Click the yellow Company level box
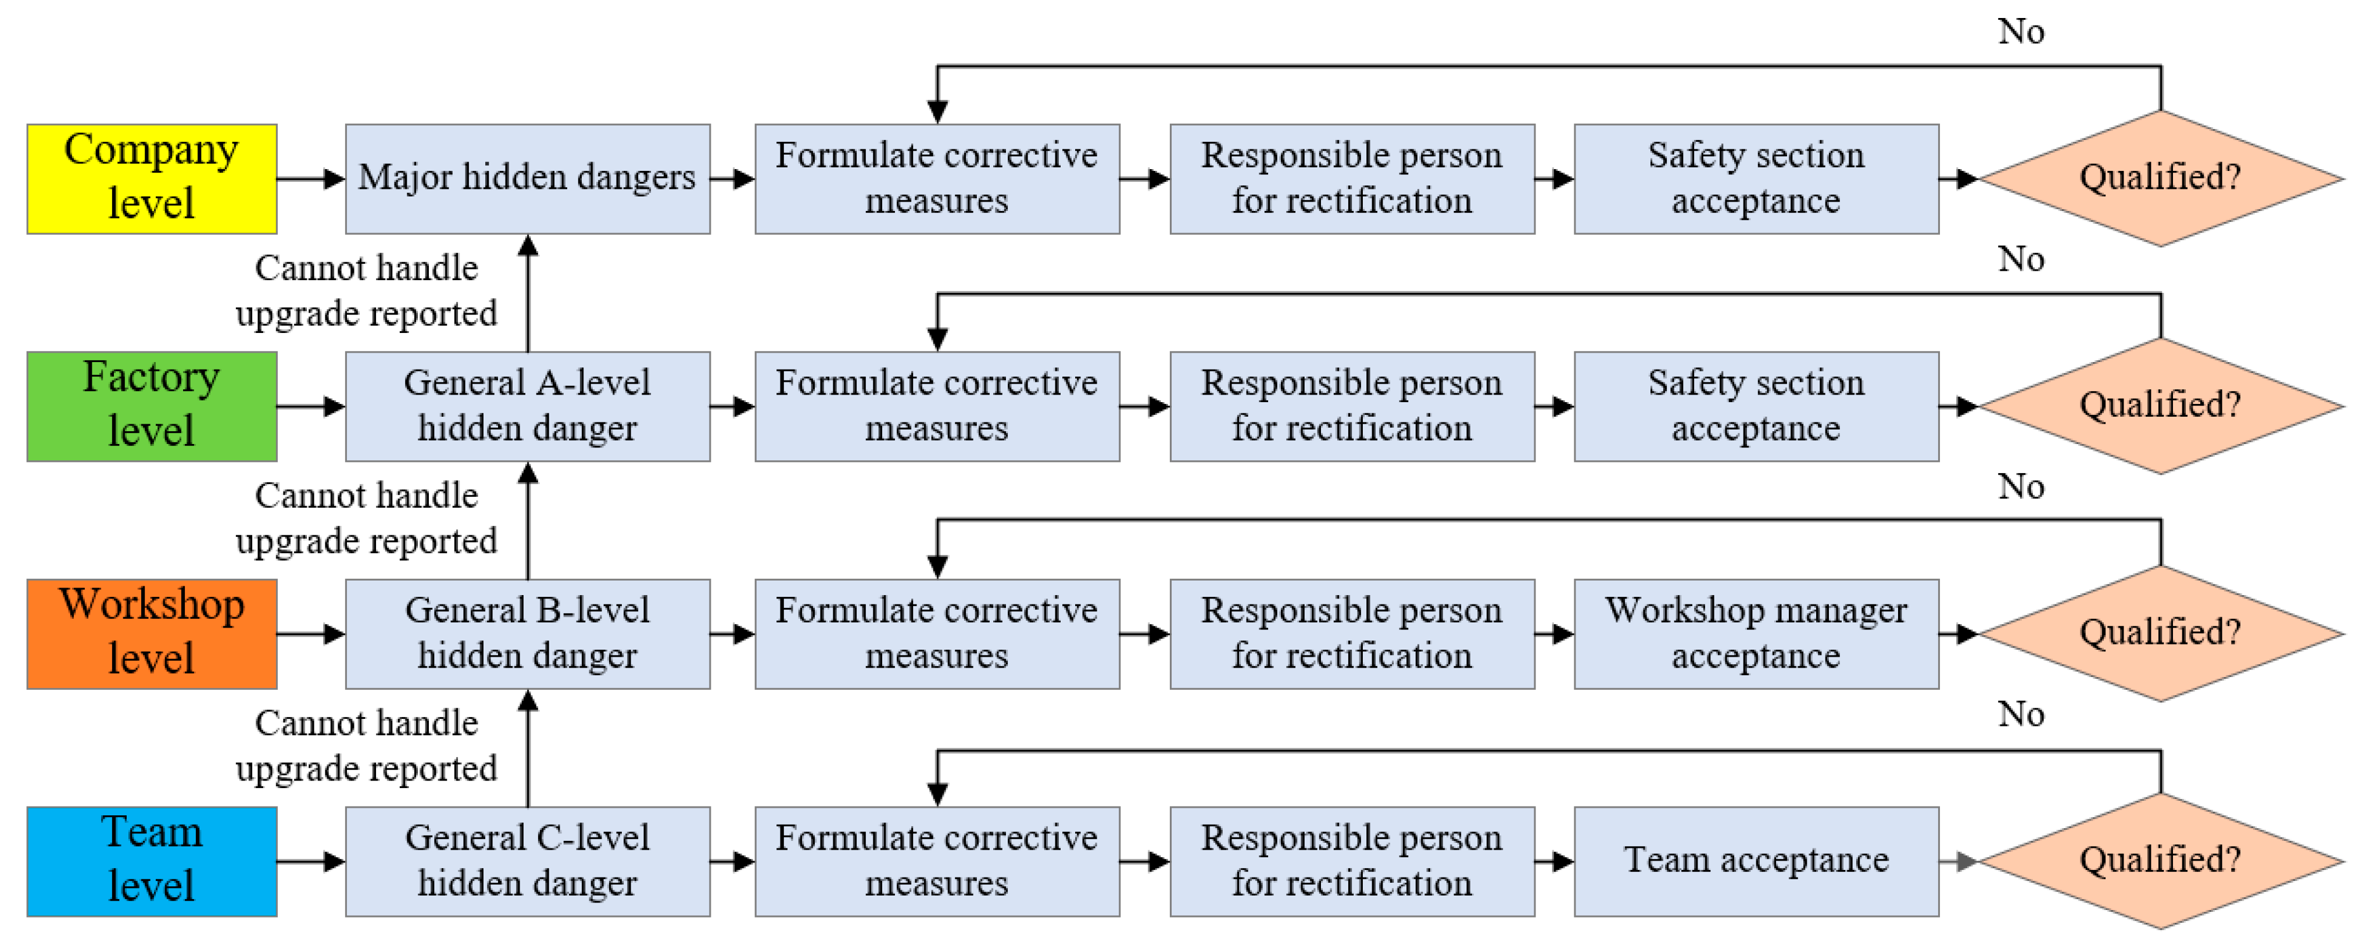point(151,179)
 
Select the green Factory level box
point(151,406)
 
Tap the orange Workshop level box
point(151,633)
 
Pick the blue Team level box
point(151,861)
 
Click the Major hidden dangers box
point(528,179)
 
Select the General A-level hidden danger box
point(528,406)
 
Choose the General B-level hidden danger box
point(528,633)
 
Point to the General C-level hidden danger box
point(528,861)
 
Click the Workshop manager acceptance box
point(1756,633)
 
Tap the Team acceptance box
point(1756,861)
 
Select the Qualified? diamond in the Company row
point(2160,179)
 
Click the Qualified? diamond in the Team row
point(2160,861)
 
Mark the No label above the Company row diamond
point(2021,32)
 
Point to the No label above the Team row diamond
point(2021,714)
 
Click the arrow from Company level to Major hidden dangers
point(311,179)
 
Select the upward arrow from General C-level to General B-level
point(528,747)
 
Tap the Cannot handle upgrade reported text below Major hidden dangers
point(366,291)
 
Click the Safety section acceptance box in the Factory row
point(1756,406)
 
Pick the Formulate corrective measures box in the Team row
point(937,861)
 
